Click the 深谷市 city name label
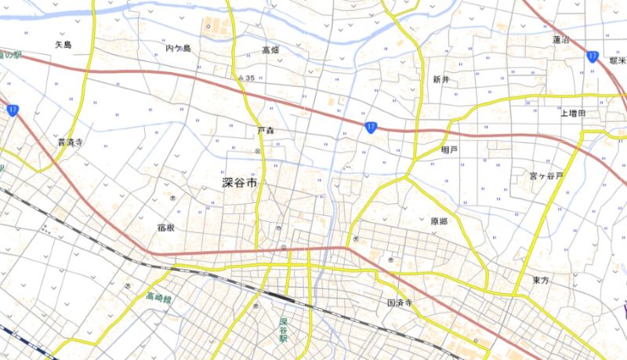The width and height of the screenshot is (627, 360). pyautogui.click(x=239, y=184)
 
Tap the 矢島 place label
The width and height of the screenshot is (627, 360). pyautogui.click(x=63, y=45)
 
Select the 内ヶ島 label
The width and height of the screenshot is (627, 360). pyautogui.click(x=179, y=49)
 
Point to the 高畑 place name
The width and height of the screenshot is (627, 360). pyautogui.click(x=270, y=50)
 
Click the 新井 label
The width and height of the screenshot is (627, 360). pyautogui.click(x=440, y=79)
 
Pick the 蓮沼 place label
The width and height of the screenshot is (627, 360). pyautogui.click(x=560, y=39)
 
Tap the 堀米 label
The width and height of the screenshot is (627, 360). pyautogui.click(x=616, y=61)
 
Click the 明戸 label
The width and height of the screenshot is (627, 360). pyautogui.click(x=449, y=149)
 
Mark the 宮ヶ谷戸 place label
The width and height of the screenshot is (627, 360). pyautogui.click(x=545, y=176)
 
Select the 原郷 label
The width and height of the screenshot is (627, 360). pyautogui.click(x=438, y=222)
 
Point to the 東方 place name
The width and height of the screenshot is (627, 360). pyautogui.click(x=540, y=280)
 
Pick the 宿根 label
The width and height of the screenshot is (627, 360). pyautogui.click(x=165, y=227)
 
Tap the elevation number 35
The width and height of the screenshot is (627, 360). pyautogui.click(x=250, y=78)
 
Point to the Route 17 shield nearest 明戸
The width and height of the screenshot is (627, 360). pyautogui.click(x=371, y=126)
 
